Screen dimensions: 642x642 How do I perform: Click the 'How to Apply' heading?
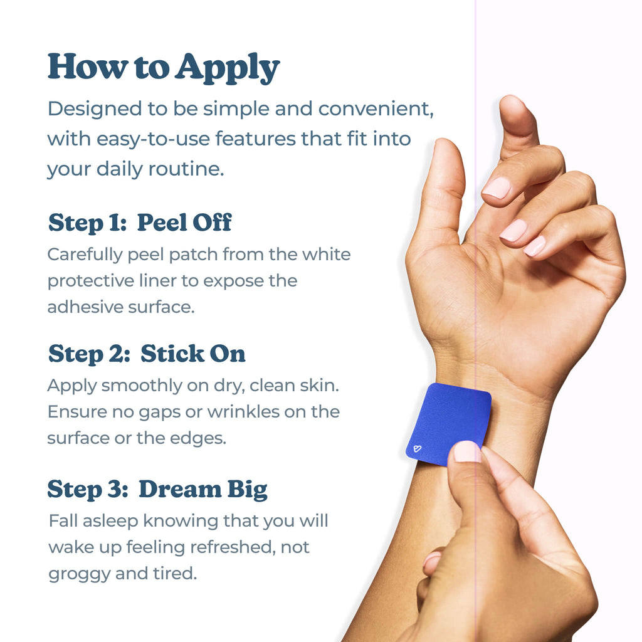tap(163, 67)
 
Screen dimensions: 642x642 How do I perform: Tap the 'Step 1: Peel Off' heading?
tap(140, 223)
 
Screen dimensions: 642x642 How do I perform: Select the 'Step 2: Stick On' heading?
tap(147, 354)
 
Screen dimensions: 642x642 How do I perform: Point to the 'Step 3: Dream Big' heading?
tap(157, 489)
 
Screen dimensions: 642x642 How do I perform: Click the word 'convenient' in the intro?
tap(375, 108)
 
